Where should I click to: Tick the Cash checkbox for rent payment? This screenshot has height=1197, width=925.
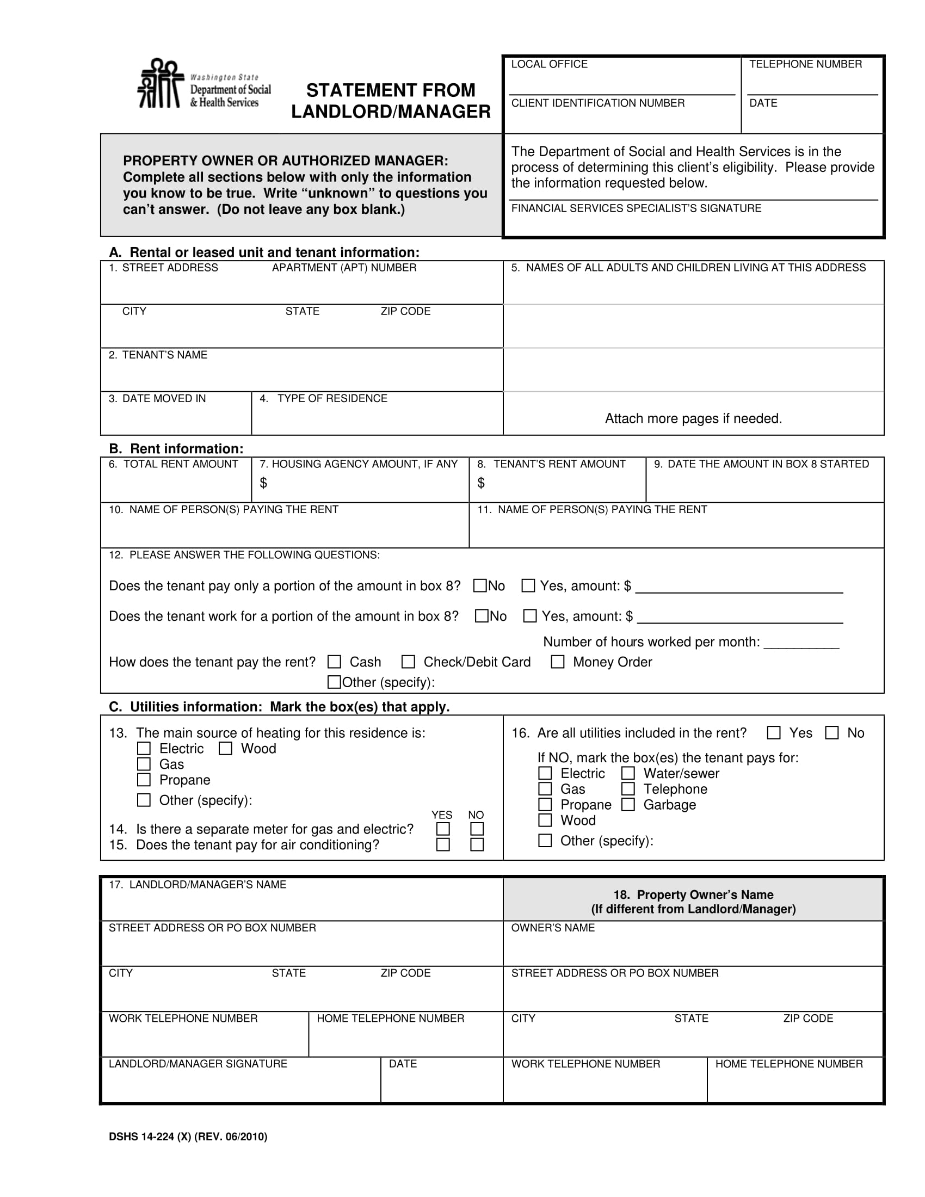334,662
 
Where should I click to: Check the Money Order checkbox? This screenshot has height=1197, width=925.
557,662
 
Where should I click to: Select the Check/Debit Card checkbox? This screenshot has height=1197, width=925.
408,662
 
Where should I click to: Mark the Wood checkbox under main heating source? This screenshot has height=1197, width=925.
225,748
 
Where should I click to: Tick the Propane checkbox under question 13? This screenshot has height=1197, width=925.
144,779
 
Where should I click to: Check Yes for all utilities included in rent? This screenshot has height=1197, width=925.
774,732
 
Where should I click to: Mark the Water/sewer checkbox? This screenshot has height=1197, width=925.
628,773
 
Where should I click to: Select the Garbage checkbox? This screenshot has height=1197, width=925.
628,804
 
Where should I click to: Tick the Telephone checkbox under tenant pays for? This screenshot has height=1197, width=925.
628,789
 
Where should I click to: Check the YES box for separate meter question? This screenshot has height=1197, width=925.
443,829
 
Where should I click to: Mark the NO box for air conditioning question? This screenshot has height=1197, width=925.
477,844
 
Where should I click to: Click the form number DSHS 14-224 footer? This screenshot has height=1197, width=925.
188,1137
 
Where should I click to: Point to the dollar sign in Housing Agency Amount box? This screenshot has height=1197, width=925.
263,482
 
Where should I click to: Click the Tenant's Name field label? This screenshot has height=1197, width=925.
158,355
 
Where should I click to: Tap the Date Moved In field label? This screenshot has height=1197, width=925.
157,398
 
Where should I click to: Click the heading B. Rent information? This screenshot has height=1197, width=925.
176,448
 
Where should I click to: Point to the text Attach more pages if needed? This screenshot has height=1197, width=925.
693,418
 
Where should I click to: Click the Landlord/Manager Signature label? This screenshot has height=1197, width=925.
198,1063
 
